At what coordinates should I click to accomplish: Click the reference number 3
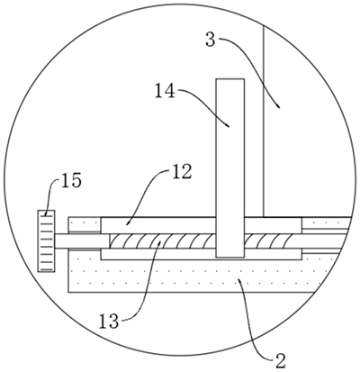click(x=211, y=40)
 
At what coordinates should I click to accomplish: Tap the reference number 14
click(x=165, y=91)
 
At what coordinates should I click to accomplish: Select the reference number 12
click(x=182, y=172)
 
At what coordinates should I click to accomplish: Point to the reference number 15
click(x=71, y=181)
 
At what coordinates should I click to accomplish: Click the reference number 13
click(x=109, y=322)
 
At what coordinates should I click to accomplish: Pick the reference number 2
click(x=280, y=361)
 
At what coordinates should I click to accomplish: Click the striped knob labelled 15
click(x=46, y=240)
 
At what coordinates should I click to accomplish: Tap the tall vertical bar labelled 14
click(x=230, y=168)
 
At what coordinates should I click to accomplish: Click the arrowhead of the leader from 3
click(x=279, y=105)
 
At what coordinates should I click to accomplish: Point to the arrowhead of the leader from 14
click(x=228, y=125)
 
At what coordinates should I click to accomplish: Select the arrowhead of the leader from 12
click(x=127, y=223)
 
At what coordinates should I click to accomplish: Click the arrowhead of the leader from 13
click(x=159, y=243)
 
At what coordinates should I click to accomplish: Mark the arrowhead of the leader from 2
click(x=239, y=280)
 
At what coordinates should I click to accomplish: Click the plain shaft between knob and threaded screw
click(x=82, y=240)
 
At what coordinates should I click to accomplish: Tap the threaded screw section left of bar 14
click(x=163, y=241)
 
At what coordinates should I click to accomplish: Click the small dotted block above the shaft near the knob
click(x=85, y=224)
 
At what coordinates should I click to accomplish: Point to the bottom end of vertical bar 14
click(x=230, y=257)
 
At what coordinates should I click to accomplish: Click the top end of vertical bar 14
click(x=230, y=79)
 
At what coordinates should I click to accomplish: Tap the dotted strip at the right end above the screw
click(x=327, y=222)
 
